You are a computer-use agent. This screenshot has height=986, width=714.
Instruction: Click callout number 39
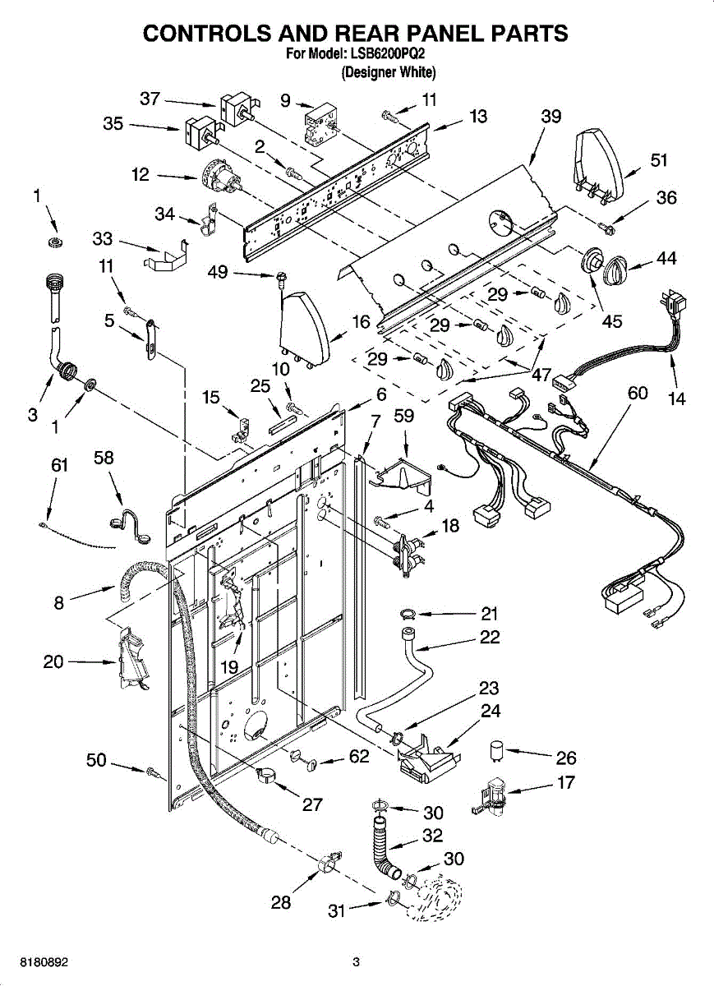coord(551,116)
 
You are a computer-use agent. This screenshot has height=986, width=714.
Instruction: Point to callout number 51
coord(659,159)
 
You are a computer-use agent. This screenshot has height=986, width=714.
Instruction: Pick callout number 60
coord(638,393)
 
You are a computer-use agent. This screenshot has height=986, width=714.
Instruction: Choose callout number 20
coord(53,661)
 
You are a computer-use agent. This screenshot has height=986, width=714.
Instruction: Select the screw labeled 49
coord(280,279)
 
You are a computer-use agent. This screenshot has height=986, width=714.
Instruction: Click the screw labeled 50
coord(152,772)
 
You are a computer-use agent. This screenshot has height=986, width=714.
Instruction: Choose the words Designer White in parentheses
coord(389,72)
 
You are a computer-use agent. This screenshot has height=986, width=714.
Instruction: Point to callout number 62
coord(359,756)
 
